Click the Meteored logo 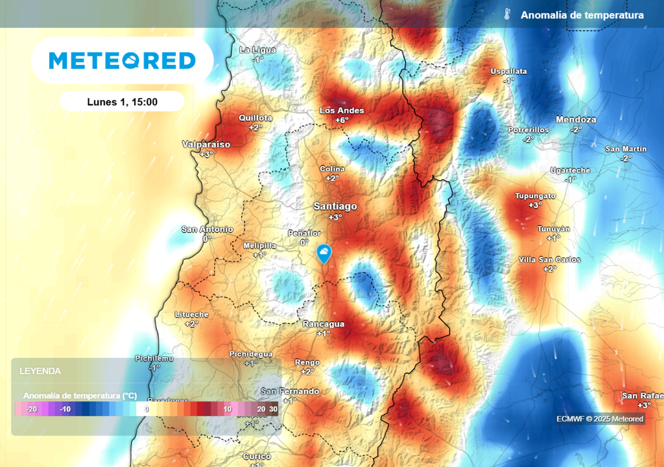point(122,61)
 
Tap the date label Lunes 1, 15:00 point(122,102)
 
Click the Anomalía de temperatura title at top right point(582,15)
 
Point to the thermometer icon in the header point(507,15)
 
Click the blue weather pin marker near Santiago point(324,253)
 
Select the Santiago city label point(335,206)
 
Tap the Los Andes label point(342,110)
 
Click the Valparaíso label point(206,144)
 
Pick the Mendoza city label point(576,119)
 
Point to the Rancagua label point(324,324)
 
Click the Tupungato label point(535,195)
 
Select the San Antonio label point(207,229)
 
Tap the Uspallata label point(508,71)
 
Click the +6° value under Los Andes point(342,120)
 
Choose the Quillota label point(255,118)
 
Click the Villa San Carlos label point(549,259)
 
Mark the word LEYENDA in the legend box point(40,372)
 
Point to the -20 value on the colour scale point(30,409)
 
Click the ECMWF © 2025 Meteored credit point(600,419)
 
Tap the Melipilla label point(259,246)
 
